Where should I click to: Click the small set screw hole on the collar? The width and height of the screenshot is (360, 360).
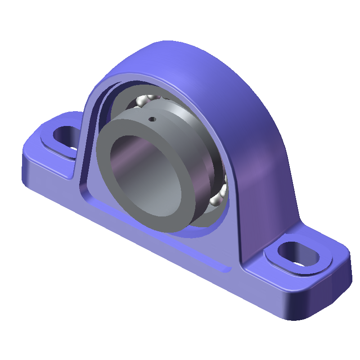click(x=153, y=119)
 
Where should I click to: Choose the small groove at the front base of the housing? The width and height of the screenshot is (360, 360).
click(x=223, y=269)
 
